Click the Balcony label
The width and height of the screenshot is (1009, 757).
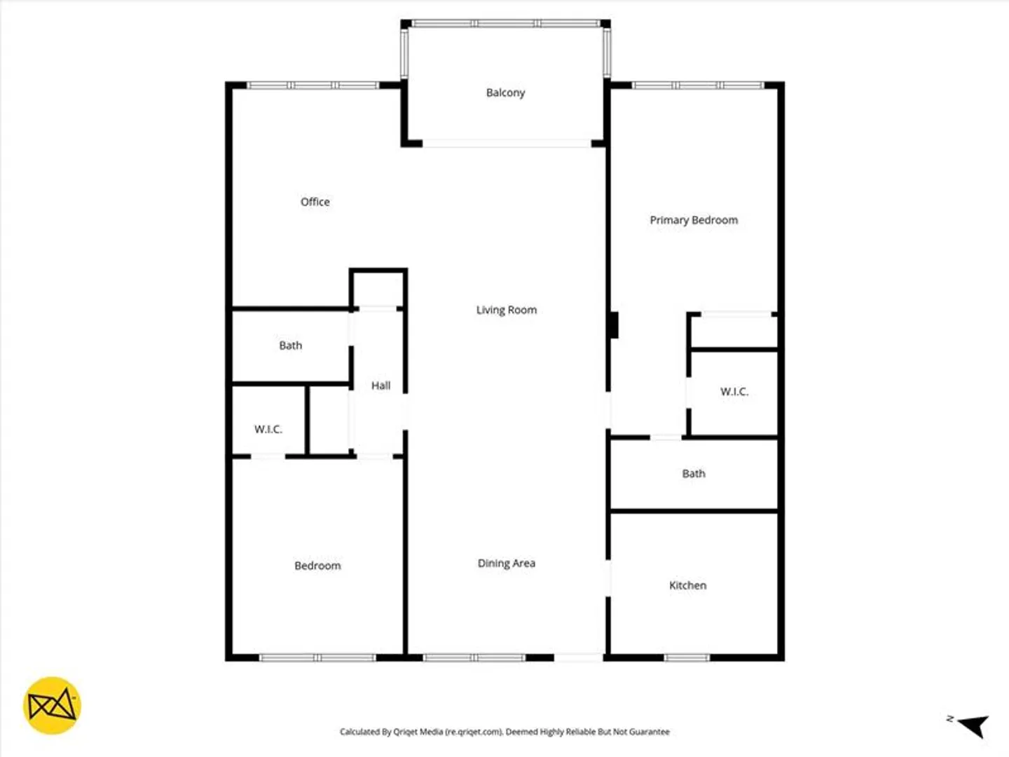505,93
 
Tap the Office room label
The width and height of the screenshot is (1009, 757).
315,202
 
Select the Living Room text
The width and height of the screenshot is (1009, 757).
506,311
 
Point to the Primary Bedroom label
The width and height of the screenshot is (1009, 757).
694,220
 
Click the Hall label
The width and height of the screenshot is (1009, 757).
380,386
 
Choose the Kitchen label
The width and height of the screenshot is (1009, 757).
687,585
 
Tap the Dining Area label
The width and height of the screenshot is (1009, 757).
506,563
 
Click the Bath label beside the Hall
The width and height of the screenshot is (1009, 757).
291,345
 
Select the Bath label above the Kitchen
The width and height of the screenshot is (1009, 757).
694,473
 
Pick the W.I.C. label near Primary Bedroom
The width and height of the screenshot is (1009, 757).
734,392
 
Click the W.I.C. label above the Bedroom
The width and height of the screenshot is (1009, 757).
268,429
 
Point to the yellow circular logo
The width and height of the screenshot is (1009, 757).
52,706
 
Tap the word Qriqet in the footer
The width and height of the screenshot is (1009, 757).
404,732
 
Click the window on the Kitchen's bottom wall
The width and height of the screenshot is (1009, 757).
687,657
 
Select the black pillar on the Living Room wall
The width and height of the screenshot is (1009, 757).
613,325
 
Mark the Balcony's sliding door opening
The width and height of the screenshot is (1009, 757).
507,144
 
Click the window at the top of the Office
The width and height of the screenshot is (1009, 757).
313,86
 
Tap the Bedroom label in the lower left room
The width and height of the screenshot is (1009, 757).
317,566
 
